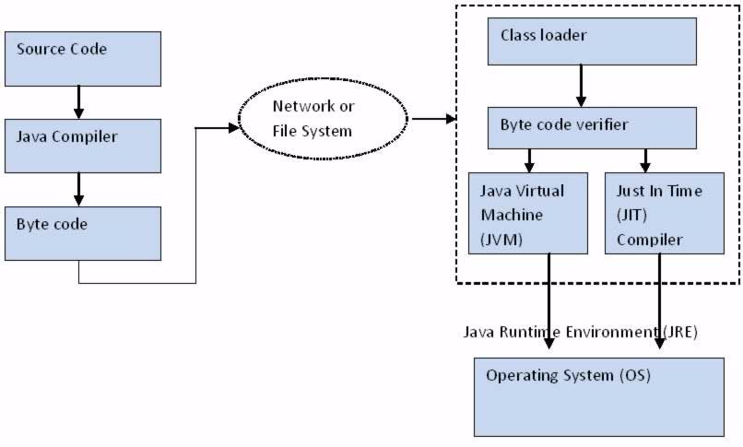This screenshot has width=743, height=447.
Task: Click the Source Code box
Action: [83, 59]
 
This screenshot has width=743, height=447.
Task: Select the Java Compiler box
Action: [83, 146]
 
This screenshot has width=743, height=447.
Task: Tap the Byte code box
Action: [83, 233]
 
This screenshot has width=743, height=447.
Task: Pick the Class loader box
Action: [592, 41]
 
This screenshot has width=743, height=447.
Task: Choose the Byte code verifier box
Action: [592, 128]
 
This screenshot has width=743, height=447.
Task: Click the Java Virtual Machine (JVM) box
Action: [528, 213]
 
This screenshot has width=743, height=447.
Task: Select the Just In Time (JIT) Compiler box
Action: [665, 213]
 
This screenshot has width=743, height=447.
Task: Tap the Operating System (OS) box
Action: [599, 397]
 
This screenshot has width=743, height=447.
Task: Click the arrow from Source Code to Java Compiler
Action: [78, 102]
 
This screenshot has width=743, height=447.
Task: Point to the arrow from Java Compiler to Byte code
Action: [78, 190]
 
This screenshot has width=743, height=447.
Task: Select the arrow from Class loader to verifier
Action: [581, 87]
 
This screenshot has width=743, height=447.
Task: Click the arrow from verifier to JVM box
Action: [529, 160]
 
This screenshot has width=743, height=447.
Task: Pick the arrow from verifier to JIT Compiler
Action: [645, 160]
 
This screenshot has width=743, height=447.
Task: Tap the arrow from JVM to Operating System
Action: [548, 301]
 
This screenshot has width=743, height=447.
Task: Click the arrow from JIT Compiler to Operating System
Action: [659, 301]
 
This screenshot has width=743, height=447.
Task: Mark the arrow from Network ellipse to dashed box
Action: [434, 118]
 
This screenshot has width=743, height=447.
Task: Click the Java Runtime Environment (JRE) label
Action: [581, 332]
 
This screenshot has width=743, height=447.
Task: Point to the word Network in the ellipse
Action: [300, 106]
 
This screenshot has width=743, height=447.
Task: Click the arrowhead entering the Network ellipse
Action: [234, 127]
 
